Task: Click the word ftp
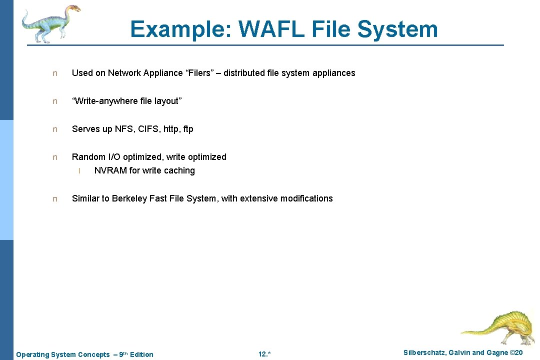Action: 188,129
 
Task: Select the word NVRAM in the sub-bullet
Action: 110,170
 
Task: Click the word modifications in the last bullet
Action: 306,198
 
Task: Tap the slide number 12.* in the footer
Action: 264,354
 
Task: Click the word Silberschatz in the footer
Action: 424,353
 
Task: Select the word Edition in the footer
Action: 141,354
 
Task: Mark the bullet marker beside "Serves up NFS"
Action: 55,129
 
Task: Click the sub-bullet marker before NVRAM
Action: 79,171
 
